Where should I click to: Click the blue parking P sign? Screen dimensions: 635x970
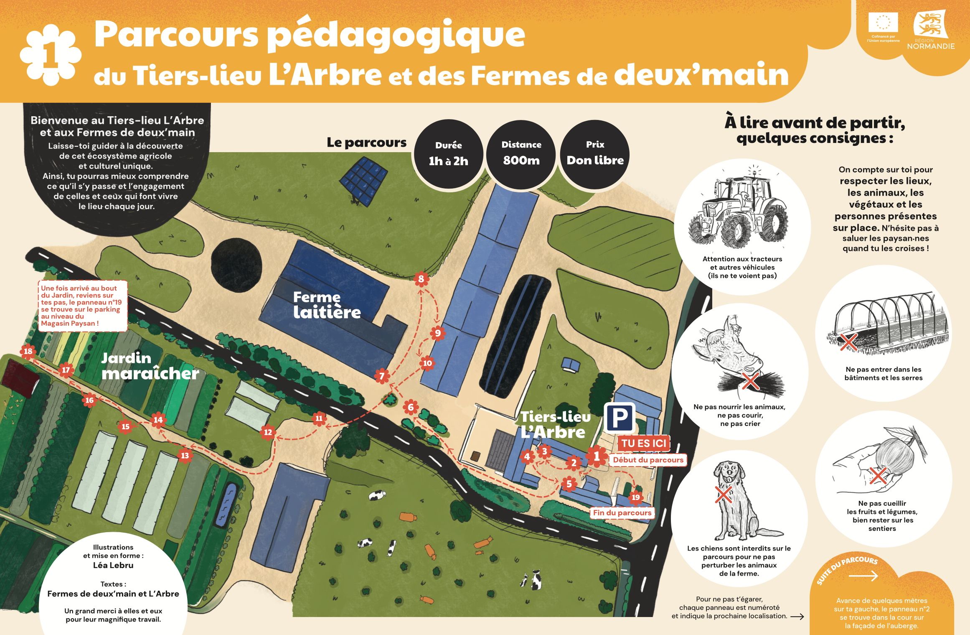click(620, 418)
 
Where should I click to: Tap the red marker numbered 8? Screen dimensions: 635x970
click(421, 279)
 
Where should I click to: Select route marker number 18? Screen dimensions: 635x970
click(28, 351)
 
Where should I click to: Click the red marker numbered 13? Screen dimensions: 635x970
click(185, 455)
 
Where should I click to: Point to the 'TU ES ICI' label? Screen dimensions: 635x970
click(643, 443)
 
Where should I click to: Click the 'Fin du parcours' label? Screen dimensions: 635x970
click(622, 513)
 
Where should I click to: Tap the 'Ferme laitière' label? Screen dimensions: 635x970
click(327, 305)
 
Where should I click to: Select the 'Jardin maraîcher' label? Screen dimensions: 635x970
click(150, 366)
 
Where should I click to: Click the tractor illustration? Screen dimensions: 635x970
click(738, 212)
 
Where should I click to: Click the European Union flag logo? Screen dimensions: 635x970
click(883, 23)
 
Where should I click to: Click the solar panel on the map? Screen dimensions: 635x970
click(363, 181)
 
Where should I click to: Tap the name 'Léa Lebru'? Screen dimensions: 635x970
click(113, 565)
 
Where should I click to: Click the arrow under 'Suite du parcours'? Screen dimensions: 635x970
click(863, 576)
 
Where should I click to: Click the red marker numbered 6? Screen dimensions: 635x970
click(411, 407)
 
